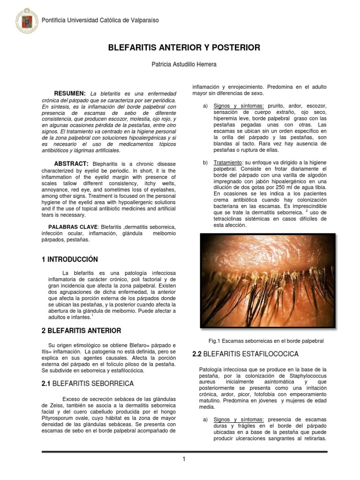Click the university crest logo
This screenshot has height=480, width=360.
coord(27,20)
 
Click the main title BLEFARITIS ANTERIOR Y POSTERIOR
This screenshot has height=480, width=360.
coord(184,48)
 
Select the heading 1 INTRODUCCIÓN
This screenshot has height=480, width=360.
coord(70,259)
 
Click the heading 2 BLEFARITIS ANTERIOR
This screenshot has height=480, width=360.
coord(82,330)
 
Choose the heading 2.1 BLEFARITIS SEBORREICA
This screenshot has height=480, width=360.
coord(88,383)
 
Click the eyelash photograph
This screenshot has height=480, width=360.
coord(267,280)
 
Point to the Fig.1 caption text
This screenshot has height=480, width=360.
coord(266,341)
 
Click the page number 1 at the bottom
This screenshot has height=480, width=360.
coord(184,459)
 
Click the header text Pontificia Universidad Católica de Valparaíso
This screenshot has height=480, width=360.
coord(100,20)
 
